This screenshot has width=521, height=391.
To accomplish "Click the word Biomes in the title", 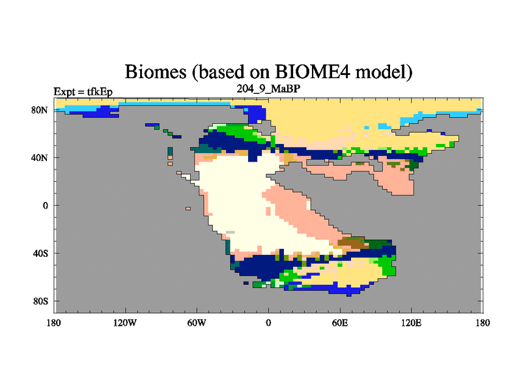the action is pyautogui.click(x=155, y=72).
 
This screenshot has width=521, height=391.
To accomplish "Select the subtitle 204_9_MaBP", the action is pyautogui.click(x=268, y=89).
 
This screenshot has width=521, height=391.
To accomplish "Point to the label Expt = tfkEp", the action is pyautogui.click(x=83, y=92).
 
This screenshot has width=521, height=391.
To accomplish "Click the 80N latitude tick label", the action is pyautogui.click(x=40, y=110).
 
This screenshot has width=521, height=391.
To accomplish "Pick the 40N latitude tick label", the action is pyautogui.click(x=40, y=158).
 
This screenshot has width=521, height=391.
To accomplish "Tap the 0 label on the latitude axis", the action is pyautogui.click(x=45, y=205).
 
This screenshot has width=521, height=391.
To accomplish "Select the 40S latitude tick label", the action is pyautogui.click(x=40, y=253).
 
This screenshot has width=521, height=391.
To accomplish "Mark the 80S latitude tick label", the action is pyautogui.click(x=40, y=301).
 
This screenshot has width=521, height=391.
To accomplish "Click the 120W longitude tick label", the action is pyautogui.click(x=125, y=323).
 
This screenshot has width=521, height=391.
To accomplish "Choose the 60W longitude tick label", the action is pyautogui.click(x=197, y=323).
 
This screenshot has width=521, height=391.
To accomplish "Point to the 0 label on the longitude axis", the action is pyautogui.click(x=268, y=323).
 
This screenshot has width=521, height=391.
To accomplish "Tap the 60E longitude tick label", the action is pyautogui.click(x=340, y=323).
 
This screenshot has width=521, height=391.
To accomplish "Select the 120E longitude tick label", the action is pyautogui.click(x=412, y=323).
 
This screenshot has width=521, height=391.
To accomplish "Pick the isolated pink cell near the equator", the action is pyautogui.click(x=188, y=209).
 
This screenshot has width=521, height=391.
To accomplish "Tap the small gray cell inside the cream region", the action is pyautogui.click(x=231, y=233).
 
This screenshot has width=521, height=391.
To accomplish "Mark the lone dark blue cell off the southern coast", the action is pyautogui.click(x=246, y=283).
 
